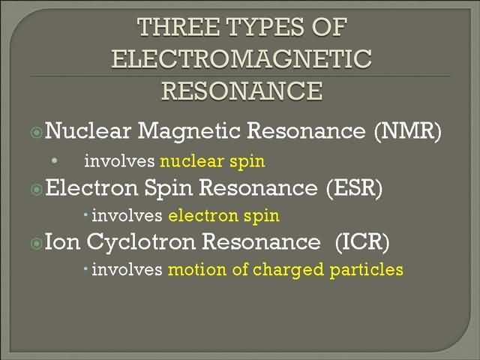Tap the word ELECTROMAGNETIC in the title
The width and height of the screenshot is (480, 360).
(241, 58)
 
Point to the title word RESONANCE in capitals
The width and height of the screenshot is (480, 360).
(242, 91)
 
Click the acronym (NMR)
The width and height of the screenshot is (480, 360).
(408, 131)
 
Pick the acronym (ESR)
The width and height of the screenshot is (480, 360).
(354, 187)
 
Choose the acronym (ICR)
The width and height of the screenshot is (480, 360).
(362, 241)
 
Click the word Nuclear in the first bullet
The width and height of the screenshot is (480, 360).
(88, 130)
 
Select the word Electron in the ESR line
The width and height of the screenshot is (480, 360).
(91, 187)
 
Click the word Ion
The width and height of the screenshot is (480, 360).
(62, 241)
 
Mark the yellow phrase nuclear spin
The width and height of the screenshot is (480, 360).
(212, 162)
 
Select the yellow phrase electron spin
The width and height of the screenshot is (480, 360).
(223, 216)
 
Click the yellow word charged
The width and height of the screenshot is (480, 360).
(288, 270)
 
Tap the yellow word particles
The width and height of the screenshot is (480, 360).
(367, 270)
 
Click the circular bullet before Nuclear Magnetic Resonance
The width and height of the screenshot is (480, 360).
(37, 133)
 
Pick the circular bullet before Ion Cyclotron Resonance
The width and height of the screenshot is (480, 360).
(37, 244)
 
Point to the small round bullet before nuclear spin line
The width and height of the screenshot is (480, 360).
(55, 160)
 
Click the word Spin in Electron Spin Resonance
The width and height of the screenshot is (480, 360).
(168, 188)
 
